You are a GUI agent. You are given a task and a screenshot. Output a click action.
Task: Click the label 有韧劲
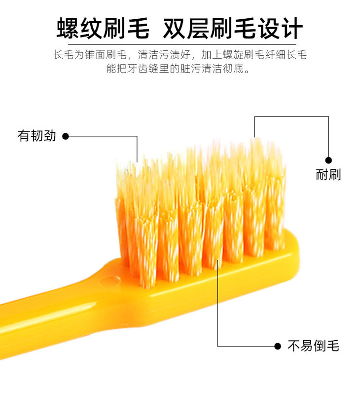pyautogui.click(x=36, y=136)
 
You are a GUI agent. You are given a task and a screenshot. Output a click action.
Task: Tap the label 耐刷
pyautogui.click(x=328, y=174)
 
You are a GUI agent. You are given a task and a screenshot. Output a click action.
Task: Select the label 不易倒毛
pyautogui.click(x=313, y=346)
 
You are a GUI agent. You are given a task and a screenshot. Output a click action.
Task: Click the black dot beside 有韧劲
pyautogui.click(x=65, y=136)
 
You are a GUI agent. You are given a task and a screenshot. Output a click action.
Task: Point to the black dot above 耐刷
pyautogui.click(x=328, y=160)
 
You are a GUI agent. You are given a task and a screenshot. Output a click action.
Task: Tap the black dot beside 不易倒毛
pyautogui.click(x=278, y=346)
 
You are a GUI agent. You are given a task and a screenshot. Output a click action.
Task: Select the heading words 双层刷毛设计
pyautogui.click(x=232, y=28)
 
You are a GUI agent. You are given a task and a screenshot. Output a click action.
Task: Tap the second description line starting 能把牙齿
pyautogui.click(x=180, y=68)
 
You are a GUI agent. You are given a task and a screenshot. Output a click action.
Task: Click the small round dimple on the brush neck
pyautogui.click(x=105, y=280)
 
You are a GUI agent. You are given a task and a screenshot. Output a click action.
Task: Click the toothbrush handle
pyautogui.click(x=39, y=316)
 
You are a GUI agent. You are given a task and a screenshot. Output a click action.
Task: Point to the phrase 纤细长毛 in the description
pyautogui.click(x=286, y=54)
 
